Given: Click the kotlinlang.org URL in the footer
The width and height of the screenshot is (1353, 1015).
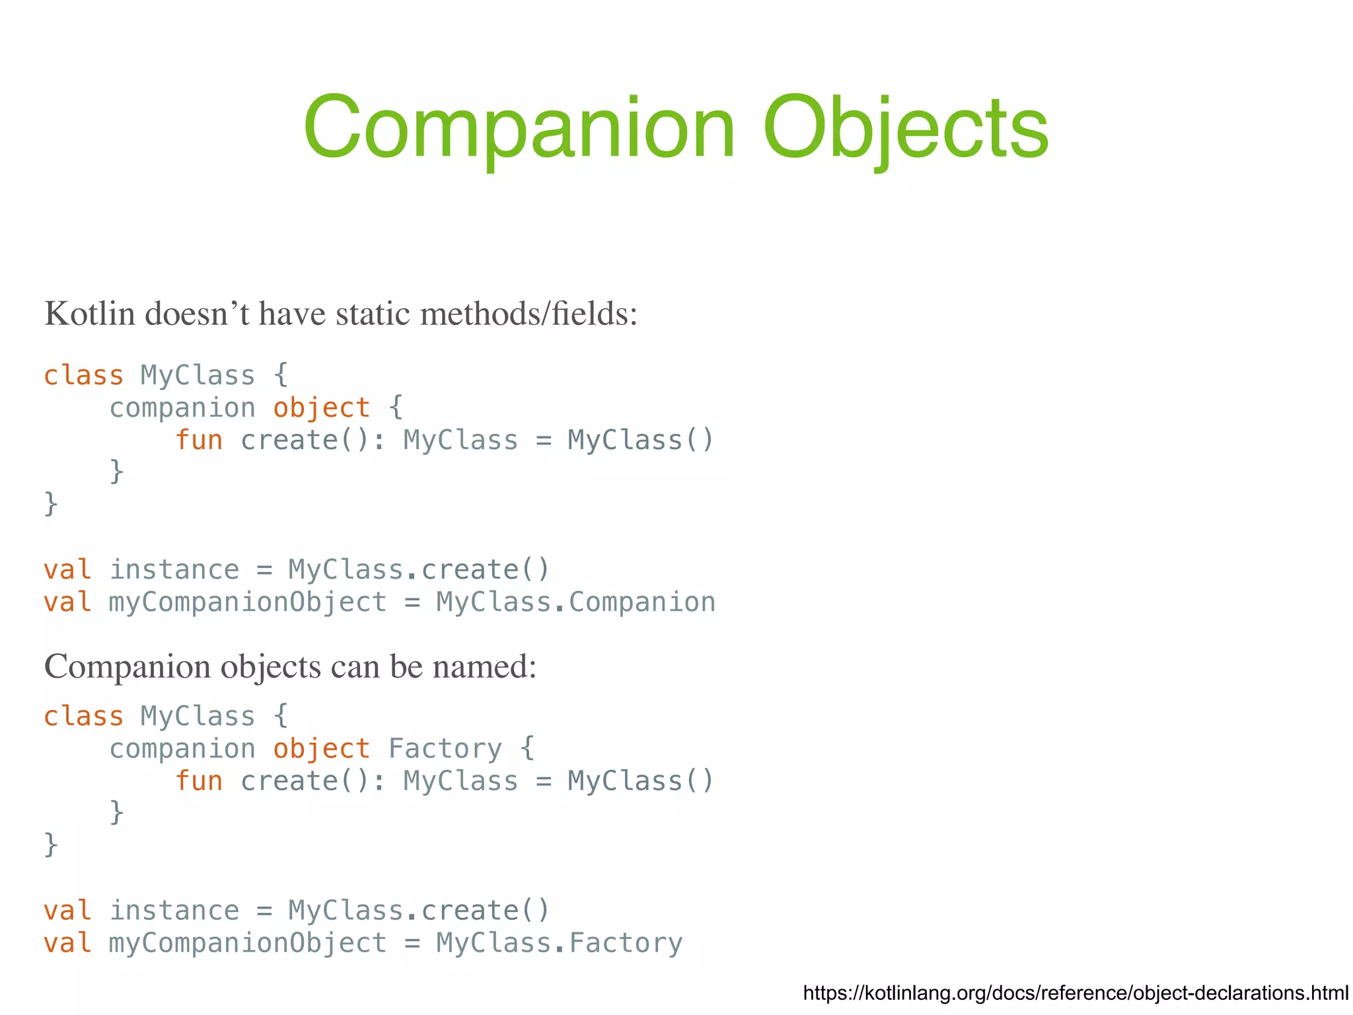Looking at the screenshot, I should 1076,993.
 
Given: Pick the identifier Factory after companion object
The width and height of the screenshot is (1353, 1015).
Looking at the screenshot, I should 445,749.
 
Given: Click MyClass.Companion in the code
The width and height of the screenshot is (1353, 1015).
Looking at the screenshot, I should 575,602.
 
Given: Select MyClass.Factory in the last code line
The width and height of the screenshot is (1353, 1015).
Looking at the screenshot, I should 559,943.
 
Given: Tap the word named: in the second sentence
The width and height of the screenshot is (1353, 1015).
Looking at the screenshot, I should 484,666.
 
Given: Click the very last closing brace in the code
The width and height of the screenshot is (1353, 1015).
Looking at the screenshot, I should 51,845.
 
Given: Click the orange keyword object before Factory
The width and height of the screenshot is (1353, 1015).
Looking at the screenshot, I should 322,749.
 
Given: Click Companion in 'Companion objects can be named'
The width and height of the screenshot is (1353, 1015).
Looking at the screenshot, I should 128,666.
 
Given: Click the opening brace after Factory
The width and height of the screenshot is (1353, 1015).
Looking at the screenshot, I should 527,749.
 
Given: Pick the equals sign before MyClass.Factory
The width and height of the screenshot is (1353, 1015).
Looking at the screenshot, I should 412,943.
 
